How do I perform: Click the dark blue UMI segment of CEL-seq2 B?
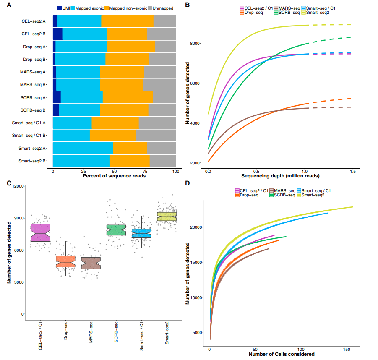point(57,34)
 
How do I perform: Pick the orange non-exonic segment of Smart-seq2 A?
point(130,148)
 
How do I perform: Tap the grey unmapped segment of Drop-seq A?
point(165,47)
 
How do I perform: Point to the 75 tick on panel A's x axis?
point(145,171)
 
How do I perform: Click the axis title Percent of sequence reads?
point(114,176)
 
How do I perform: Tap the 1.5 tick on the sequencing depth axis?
point(352,171)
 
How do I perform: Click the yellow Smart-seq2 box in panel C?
point(167,217)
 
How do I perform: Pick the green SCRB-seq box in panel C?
point(116,230)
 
